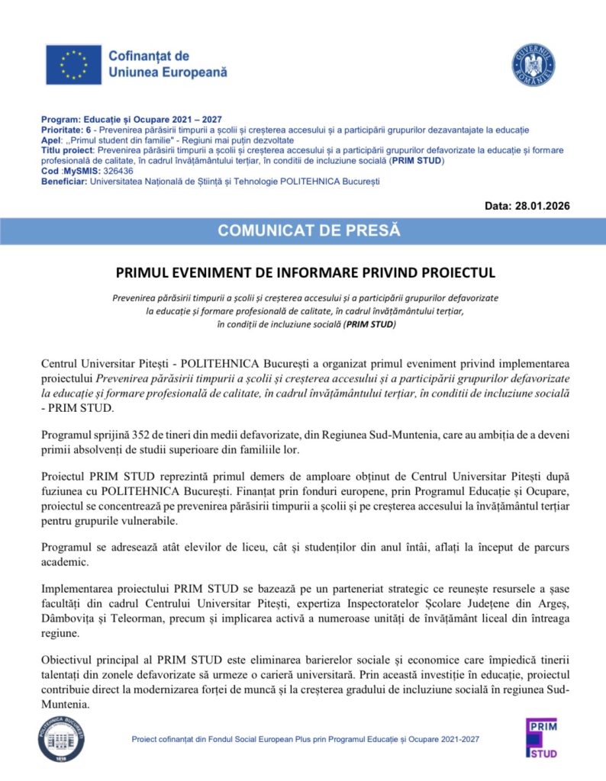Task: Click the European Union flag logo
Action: point(73,65)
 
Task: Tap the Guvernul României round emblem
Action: point(533,65)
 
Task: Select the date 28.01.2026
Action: point(541,206)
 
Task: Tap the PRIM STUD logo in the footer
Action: point(542,738)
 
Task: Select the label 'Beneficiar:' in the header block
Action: point(65,181)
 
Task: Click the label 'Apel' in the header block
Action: point(50,140)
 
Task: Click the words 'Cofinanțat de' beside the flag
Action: point(149,56)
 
